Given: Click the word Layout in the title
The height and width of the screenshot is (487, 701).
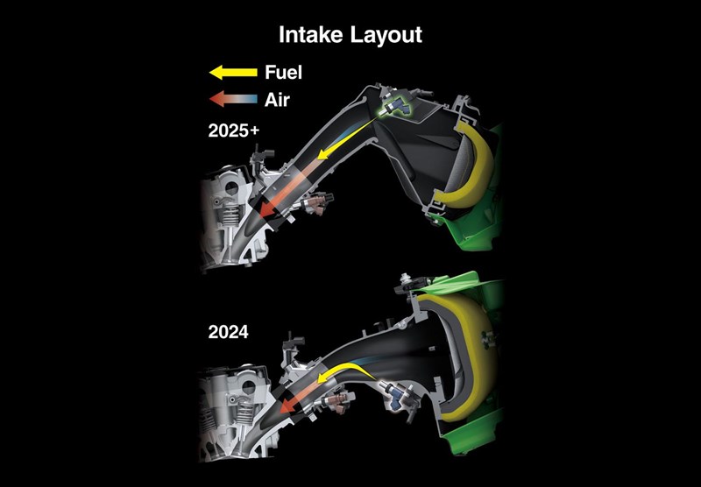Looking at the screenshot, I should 386,35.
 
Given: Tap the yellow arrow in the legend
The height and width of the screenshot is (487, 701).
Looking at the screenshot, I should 233,72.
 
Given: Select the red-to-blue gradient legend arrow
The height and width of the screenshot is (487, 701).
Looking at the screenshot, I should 233,100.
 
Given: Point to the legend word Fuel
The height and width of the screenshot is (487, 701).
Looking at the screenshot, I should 284,72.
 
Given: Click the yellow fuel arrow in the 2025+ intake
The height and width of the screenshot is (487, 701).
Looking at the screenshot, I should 329,154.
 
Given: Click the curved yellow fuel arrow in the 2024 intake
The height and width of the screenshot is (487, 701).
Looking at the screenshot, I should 336,372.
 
